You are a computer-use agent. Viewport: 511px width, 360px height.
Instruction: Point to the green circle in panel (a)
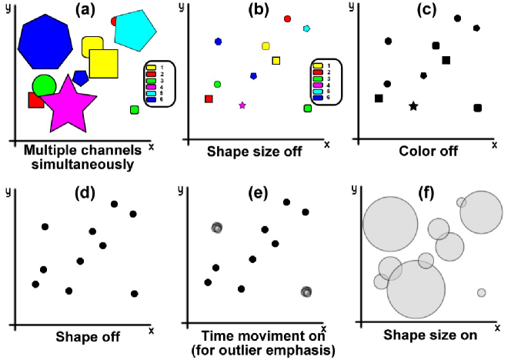click(44, 85)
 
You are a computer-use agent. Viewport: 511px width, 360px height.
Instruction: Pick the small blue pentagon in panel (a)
click(81, 78)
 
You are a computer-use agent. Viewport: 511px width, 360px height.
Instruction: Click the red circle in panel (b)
click(288, 18)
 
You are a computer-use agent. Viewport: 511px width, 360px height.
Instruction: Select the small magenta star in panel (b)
click(242, 105)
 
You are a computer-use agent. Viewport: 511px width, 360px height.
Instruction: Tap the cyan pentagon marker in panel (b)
click(306, 28)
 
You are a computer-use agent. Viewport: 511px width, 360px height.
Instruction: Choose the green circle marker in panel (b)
click(218, 84)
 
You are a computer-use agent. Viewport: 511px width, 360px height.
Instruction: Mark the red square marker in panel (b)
click(209, 98)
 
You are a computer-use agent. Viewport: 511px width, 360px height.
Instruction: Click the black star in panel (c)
click(413, 106)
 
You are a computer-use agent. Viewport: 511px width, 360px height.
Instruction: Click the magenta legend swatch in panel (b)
click(317, 85)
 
